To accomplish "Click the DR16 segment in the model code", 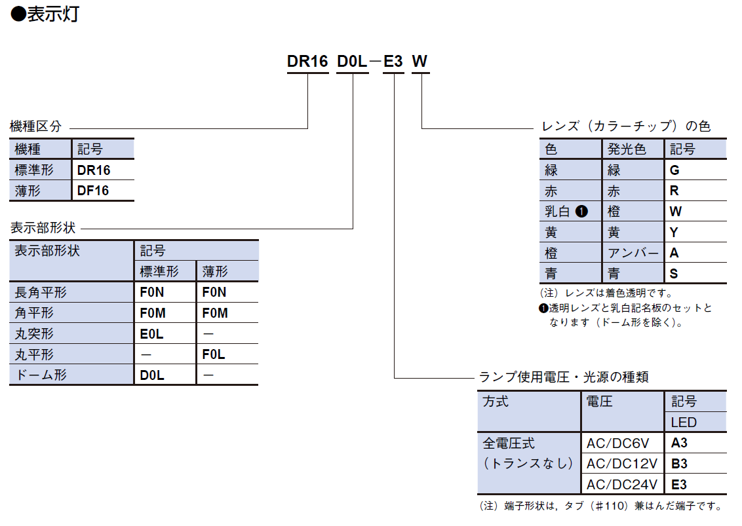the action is (307, 62).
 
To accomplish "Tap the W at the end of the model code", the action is (420, 62).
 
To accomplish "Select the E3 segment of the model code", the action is (393, 62).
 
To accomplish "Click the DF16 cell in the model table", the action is (93, 191).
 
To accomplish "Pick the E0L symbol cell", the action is (152, 334).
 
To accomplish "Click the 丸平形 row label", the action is (34, 354).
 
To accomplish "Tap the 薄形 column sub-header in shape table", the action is (215, 271).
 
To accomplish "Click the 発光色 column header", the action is (627, 149).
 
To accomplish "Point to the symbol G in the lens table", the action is (674, 170).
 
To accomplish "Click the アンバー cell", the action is (633, 253).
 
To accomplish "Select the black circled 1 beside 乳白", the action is (581, 212).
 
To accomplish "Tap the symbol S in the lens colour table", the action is (674, 273).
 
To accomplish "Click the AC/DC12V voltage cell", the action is (622, 464).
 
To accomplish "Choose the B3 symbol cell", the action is (679, 464).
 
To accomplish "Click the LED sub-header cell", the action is (684, 423).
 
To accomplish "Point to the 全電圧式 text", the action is (509, 443).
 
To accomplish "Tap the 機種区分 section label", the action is (36, 126).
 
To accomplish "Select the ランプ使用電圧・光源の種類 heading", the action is (564, 377).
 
